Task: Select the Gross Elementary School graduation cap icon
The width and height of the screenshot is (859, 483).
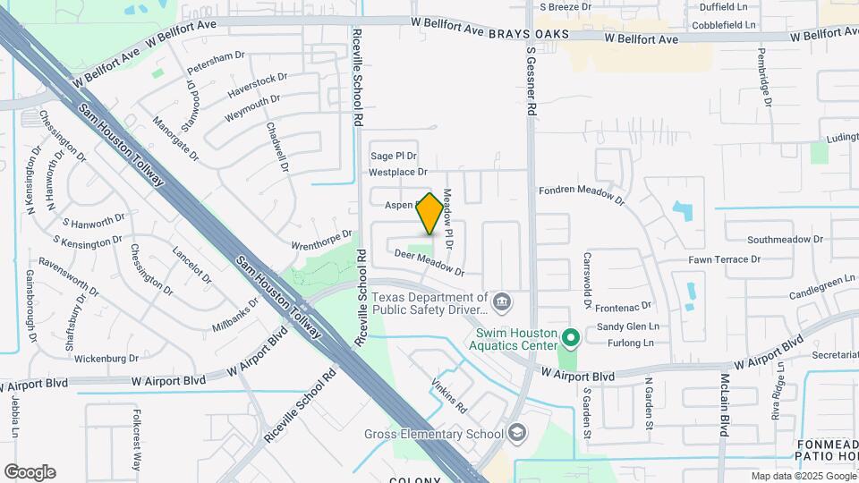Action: pyautogui.click(x=517, y=435)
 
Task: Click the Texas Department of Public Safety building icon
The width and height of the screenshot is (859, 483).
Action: pyautogui.click(x=502, y=302)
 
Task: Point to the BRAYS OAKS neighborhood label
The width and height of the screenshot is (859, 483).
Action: pyautogui.click(x=528, y=32)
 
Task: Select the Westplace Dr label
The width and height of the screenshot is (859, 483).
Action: pyautogui.click(x=398, y=171)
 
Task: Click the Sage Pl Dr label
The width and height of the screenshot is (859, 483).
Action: pyautogui.click(x=394, y=156)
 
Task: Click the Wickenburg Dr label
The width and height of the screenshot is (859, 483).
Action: pyautogui.click(x=106, y=359)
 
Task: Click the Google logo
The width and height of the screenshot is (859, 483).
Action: pyautogui.click(x=30, y=471)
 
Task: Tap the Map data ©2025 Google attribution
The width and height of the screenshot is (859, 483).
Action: pyautogui.click(x=803, y=476)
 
